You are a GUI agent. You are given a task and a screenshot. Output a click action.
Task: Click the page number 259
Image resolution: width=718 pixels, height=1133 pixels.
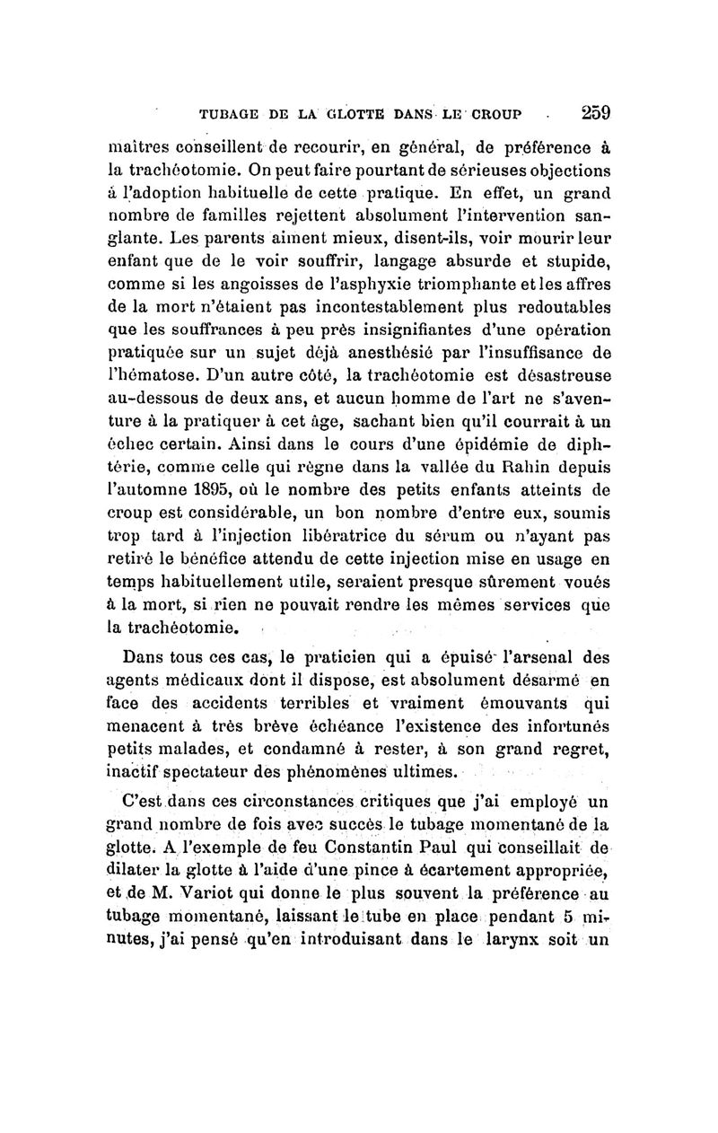[x=595, y=114]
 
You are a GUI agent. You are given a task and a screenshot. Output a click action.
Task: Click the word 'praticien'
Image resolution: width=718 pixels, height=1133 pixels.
[x=324, y=654]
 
